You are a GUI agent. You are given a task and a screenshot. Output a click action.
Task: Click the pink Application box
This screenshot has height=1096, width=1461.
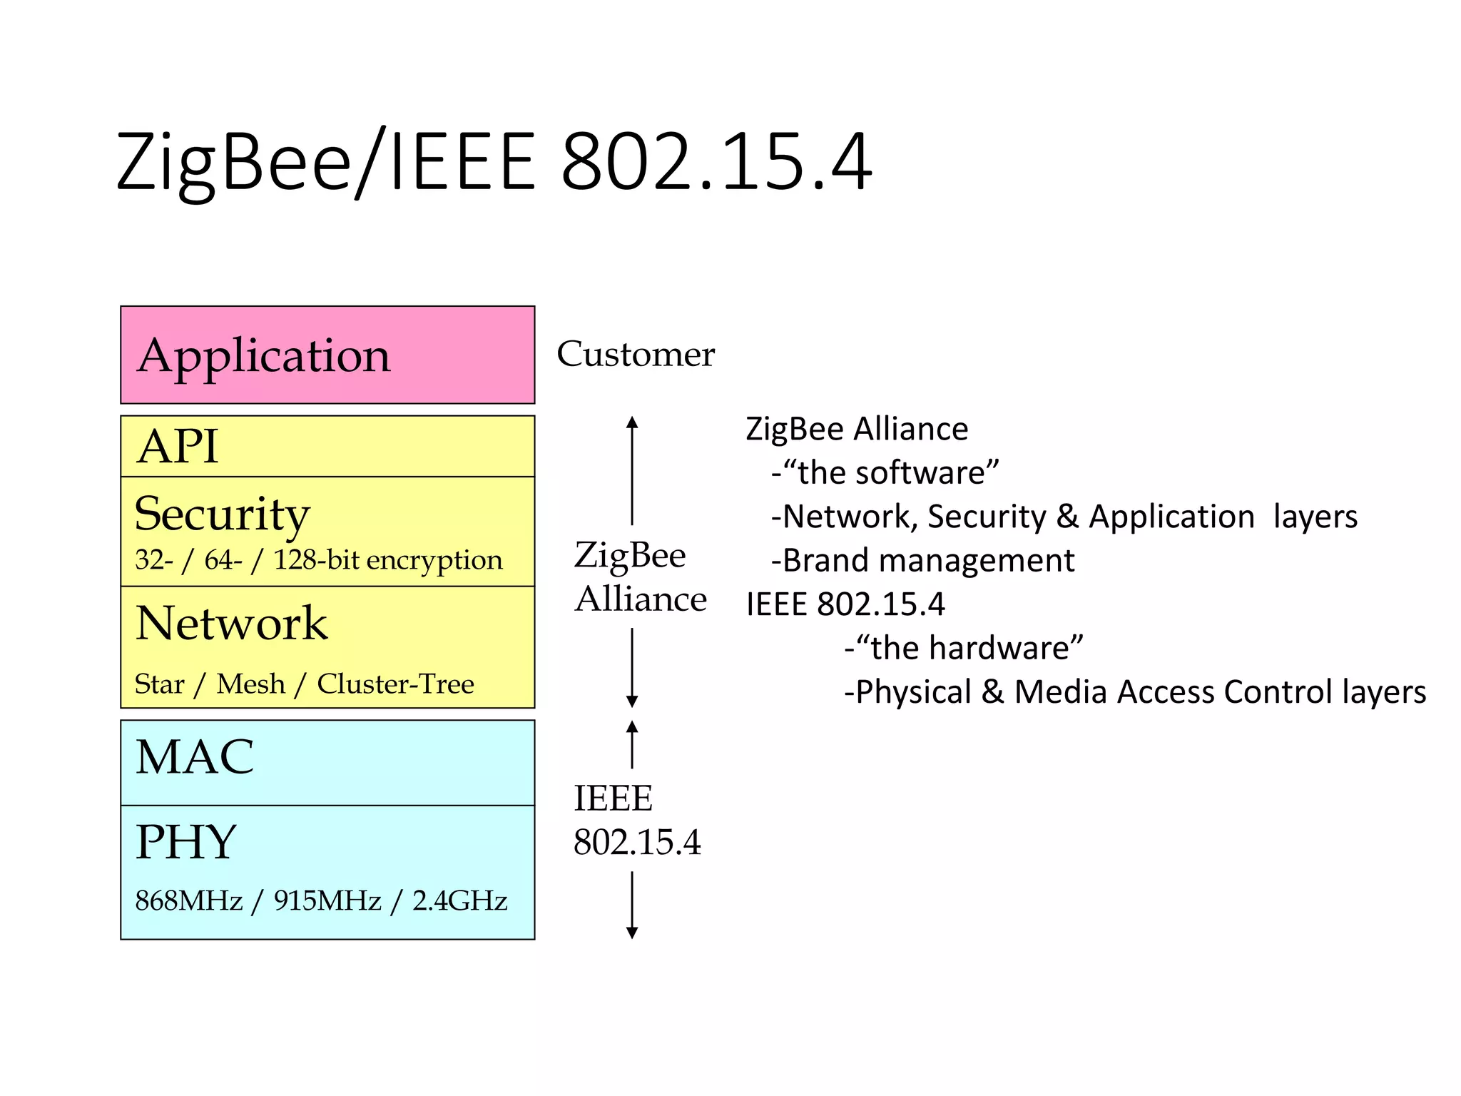327,355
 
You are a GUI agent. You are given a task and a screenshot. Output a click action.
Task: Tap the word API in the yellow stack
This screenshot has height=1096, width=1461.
178,447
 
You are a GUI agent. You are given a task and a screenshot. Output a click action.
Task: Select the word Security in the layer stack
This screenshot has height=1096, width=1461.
222,514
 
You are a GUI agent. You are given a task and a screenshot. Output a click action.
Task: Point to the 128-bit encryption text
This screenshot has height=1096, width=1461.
388,560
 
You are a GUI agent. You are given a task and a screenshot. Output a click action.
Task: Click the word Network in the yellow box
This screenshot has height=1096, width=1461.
231,623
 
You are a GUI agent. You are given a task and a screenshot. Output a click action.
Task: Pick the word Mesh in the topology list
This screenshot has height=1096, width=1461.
250,684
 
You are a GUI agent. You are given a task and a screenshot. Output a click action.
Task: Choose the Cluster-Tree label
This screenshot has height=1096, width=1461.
395,684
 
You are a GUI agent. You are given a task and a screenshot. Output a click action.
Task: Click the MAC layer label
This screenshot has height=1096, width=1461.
195,757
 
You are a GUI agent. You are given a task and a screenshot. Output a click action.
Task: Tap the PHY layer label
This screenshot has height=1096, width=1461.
185,842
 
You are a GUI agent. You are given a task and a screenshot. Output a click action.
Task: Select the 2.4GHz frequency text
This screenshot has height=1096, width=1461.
459,900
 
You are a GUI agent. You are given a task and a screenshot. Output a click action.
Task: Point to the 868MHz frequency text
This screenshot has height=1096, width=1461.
189,900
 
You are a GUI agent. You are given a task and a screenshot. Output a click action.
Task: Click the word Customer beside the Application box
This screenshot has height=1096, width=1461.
635,354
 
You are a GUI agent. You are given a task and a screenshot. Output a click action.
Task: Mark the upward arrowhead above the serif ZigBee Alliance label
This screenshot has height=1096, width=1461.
632,422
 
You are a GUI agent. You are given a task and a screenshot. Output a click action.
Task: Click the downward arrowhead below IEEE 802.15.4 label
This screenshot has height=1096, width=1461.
632,933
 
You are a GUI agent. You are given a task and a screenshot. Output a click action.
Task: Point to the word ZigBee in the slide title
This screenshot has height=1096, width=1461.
234,163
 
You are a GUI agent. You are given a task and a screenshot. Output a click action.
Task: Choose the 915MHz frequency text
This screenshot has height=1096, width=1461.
327,900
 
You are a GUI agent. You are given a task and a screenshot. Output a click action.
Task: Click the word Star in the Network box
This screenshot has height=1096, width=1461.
159,684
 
